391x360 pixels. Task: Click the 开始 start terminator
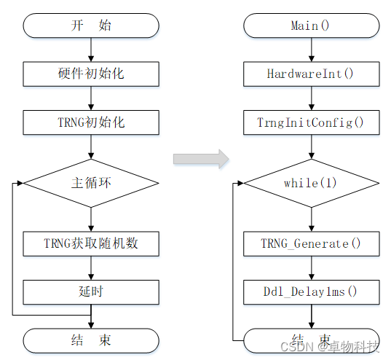tap(91, 26)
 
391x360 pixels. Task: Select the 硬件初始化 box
tap(91, 74)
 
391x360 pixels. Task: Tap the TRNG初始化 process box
tap(91, 122)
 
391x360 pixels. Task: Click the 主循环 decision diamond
tap(91, 183)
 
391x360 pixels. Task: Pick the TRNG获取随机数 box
tap(91, 243)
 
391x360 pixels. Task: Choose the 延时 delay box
tap(91, 291)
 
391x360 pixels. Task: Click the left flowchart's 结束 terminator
tap(91, 340)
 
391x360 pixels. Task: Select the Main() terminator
tap(311, 26)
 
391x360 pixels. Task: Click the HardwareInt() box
tap(311, 74)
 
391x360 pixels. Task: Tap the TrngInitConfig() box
tap(311, 122)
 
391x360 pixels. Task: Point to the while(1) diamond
tap(311, 183)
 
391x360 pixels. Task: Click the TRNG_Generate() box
tap(311, 243)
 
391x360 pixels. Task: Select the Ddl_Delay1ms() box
tap(311, 291)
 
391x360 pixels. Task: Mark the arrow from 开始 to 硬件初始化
tap(91, 50)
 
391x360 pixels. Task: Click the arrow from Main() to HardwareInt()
tap(311, 50)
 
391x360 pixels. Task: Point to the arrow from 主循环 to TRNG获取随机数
tap(91, 219)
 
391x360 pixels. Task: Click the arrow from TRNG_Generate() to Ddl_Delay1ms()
tap(311, 267)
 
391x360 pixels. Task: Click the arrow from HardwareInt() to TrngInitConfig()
tap(311, 98)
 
